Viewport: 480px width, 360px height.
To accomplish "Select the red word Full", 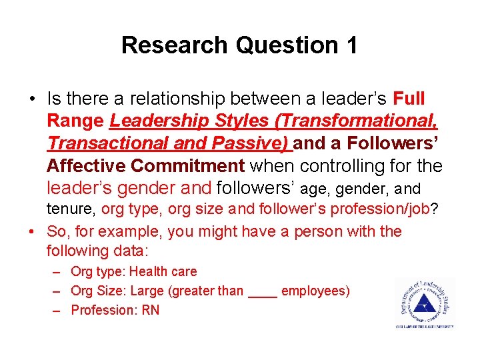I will [x=409, y=99].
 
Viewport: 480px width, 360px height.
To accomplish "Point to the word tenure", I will [x=71, y=209].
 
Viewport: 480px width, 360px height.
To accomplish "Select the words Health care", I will [x=163, y=271].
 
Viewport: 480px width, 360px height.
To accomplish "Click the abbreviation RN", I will [x=151, y=310].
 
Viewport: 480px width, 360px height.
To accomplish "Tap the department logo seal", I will [x=424, y=303].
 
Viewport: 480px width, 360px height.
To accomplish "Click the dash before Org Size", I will [x=58, y=291].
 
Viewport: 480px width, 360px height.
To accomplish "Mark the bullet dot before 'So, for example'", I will [x=31, y=231].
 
